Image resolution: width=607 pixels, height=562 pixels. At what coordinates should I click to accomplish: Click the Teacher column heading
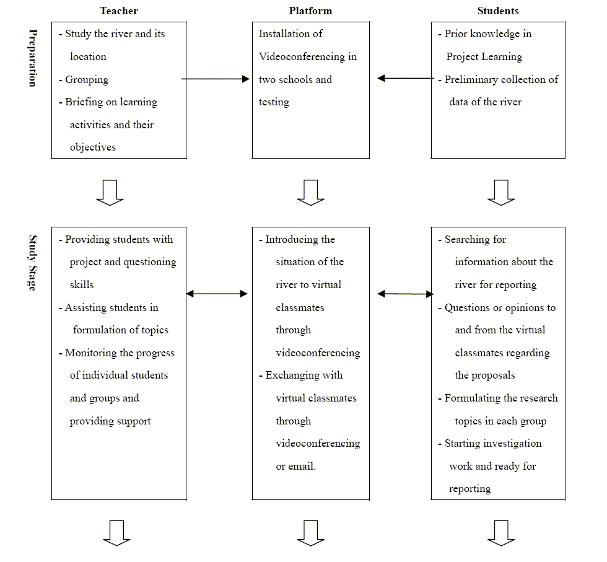(119, 11)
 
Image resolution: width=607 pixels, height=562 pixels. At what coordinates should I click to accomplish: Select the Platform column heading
(310, 11)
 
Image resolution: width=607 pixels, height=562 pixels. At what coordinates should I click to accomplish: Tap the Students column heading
(498, 11)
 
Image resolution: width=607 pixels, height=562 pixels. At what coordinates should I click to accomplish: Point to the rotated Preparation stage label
(33, 58)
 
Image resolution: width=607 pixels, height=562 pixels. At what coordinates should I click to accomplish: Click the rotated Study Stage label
(33, 263)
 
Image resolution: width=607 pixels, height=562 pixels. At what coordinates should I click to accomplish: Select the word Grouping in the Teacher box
(87, 80)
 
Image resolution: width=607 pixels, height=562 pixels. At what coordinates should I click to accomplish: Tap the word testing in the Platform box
(274, 102)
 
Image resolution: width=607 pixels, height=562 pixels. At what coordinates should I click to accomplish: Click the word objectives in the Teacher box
(92, 147)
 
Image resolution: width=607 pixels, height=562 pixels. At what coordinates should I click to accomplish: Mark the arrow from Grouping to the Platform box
(216, 79)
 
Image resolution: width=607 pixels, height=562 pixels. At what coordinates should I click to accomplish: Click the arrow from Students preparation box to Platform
(405, 78)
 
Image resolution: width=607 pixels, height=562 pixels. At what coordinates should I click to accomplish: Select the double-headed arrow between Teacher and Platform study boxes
(217, 294)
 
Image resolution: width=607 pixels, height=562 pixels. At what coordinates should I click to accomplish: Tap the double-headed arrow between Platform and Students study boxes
(405, 294)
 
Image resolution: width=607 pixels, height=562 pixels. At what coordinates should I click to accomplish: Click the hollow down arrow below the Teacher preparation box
(110, 193)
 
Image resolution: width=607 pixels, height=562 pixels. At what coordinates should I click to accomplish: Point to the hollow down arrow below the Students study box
(501, 533)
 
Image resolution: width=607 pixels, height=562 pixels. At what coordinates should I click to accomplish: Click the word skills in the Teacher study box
(82, 284)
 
